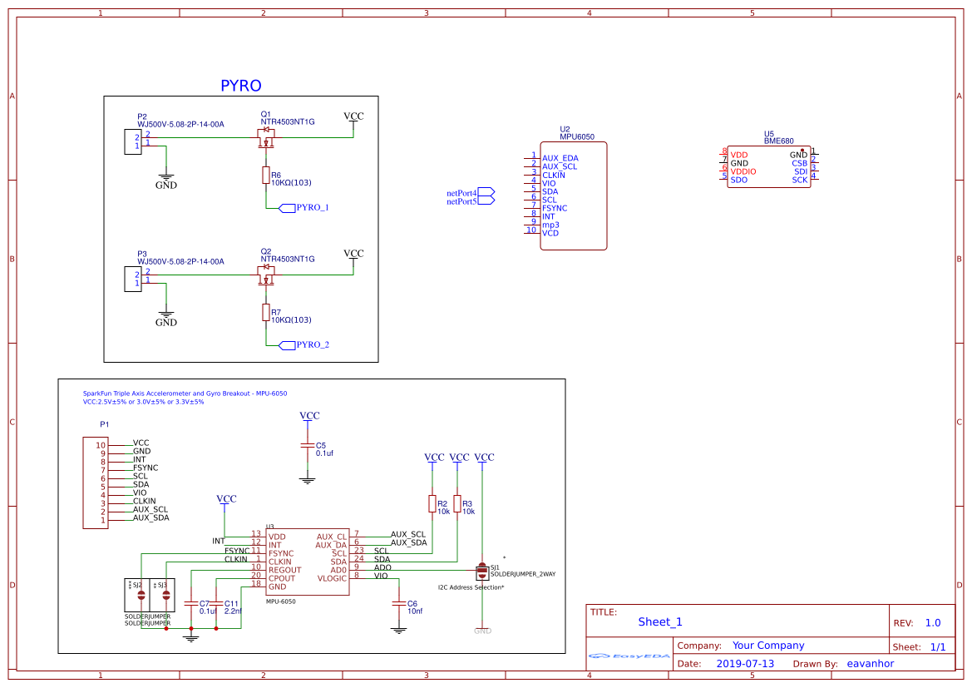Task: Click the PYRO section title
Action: click(240, 86)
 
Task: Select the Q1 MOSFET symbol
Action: click(266, 136)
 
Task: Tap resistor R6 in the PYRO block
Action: click(265, 175)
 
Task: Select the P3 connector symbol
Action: click(131, 280)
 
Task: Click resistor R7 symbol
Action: click(265, 312)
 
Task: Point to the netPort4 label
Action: click(461, 193)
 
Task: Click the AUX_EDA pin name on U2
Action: click(560, 158)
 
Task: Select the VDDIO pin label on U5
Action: click(743, 171)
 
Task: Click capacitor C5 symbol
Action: click(308, 448)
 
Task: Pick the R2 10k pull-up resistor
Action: click(432, 503)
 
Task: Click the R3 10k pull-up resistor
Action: click(456, 503)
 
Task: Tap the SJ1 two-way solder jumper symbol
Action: click(481, 572)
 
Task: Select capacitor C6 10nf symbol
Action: click(399, 604)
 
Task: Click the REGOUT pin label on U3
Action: click(284, 570)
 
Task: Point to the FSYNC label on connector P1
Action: click(146, 468)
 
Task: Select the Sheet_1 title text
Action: click(659, 621)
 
